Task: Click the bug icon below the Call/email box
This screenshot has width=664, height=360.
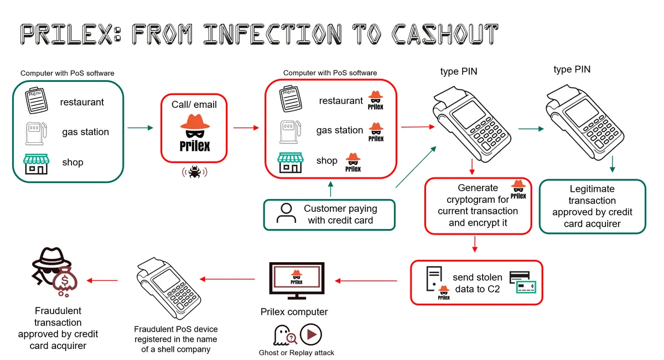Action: [194, 173]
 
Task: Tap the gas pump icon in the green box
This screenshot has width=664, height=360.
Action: [34, 133]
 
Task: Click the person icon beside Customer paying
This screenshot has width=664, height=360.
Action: [286, 214]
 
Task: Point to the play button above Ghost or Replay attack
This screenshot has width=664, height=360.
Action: [311, 335]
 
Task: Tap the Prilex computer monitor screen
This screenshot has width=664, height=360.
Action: [296, 276]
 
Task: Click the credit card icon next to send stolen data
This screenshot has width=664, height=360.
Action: [522, 281]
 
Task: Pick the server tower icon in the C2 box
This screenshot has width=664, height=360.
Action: [433, 279]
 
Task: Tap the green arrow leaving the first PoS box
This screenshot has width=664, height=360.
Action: [140, 128]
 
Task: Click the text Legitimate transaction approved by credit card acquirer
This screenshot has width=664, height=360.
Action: [592, 206]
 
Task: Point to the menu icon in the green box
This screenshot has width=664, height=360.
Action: [34, 101]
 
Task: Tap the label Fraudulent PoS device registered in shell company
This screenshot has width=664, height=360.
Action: [176, 339]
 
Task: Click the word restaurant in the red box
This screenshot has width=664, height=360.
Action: [341, 101]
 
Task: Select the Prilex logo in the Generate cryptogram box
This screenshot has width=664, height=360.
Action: [518, 189]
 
